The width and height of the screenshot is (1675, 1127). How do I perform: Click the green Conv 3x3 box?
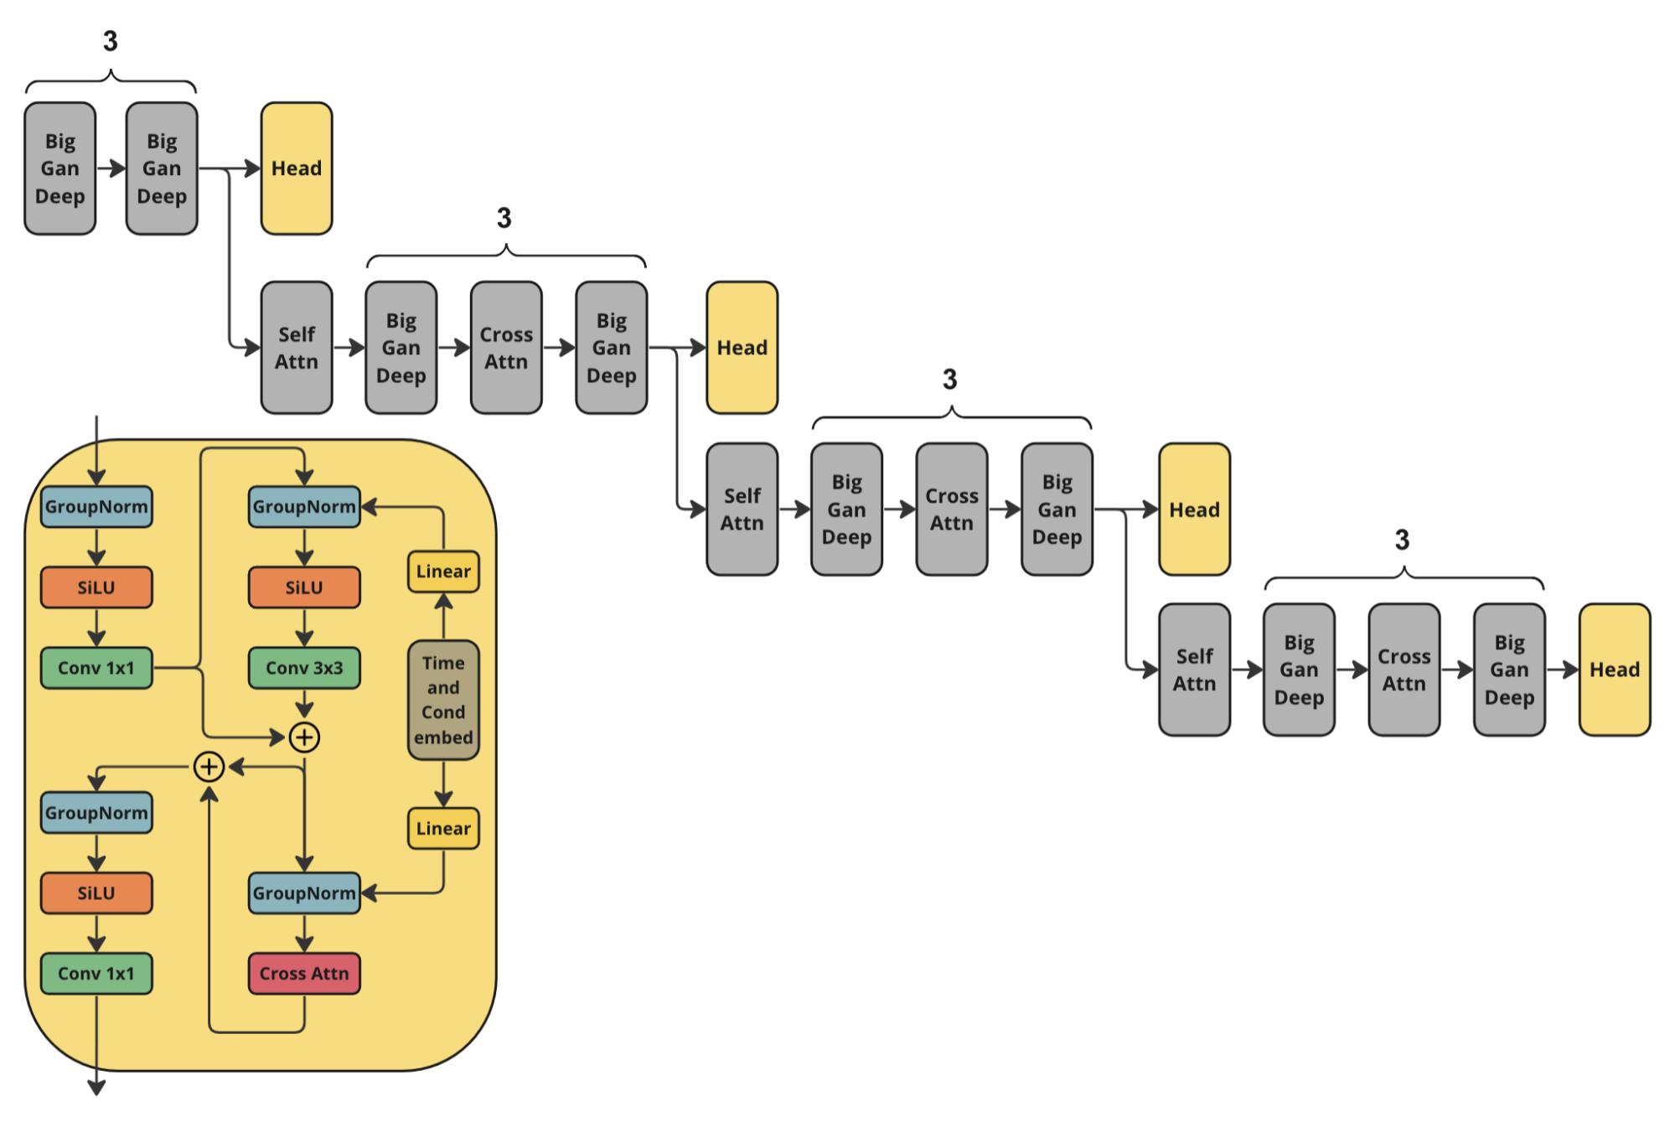pyautogui.click(x=304, y=668)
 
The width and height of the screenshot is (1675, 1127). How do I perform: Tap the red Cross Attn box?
pyautogui.click(x=304, y=974)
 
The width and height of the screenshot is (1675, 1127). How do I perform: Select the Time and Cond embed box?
pyautogui.click(x=443, y=700)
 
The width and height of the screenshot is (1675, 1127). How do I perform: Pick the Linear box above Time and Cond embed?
pyautogui.click(x=443, y=571)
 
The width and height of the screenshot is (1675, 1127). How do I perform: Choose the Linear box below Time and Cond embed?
pyautogui.click(x=443, y=829)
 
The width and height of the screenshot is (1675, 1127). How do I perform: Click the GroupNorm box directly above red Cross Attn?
pyautogui.click(x=304, y=893)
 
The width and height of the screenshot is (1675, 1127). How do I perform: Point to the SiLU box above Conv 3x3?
pyautogui.click(x=304, y=587)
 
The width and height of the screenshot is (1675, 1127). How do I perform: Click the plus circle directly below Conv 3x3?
pyautogui.click(x=304, y=737)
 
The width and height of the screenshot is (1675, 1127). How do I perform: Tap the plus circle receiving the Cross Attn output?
pyautogui.click(x=209, y=767)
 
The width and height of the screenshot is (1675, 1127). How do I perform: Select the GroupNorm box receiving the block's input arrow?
pyautogui.click(x=96, y=507)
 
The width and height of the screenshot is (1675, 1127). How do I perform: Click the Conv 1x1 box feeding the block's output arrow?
pyautogui.click(x=96, y=974)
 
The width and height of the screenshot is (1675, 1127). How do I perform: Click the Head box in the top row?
pyautogui.click(x=297, y=168)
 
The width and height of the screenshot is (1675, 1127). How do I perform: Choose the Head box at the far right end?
pyautogui.click(x=1615, y=669)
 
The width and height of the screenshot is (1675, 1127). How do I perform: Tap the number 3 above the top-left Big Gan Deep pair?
pyautogui.click(x=111, y=41)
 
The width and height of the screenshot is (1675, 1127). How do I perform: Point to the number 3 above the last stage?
pyautogui.click(x=1402, y=540)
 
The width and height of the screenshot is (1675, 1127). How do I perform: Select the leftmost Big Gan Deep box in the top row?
pyautogui.click(x=60, y=168)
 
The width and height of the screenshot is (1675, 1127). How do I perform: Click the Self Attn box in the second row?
pyautogui.click(x=297, y=348)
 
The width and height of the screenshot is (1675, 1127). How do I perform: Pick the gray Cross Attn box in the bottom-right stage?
pyautogui.click(x=1404, y=669)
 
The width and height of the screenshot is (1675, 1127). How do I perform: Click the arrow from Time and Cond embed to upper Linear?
pyautogui.click(x=443, y=616)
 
